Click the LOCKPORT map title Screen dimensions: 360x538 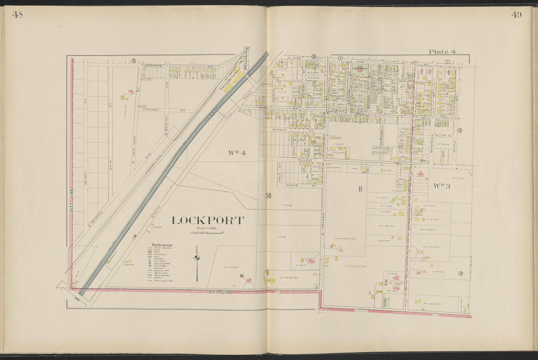[x=207, y=221]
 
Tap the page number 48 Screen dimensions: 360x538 [x=17, y=15]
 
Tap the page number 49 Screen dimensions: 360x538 [x=516, y=15]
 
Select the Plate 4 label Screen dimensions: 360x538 [x=442, y=52]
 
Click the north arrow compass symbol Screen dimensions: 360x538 [x=197, y=259]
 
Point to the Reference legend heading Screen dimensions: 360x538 [x=161, y=245]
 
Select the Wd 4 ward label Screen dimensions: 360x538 [x=237, y=153]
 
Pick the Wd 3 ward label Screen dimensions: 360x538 [x=441, y=186]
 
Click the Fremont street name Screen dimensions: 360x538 [x=151, y=110]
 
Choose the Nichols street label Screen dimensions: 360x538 [x=279, y=130]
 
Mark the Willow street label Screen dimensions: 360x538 [x=304, y=160]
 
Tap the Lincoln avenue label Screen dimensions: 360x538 [x=362, y=309]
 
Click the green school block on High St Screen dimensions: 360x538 [x=360, y=69]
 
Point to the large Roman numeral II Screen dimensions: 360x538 [x=359, y=189]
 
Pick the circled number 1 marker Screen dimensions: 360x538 [x=447, y=62]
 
